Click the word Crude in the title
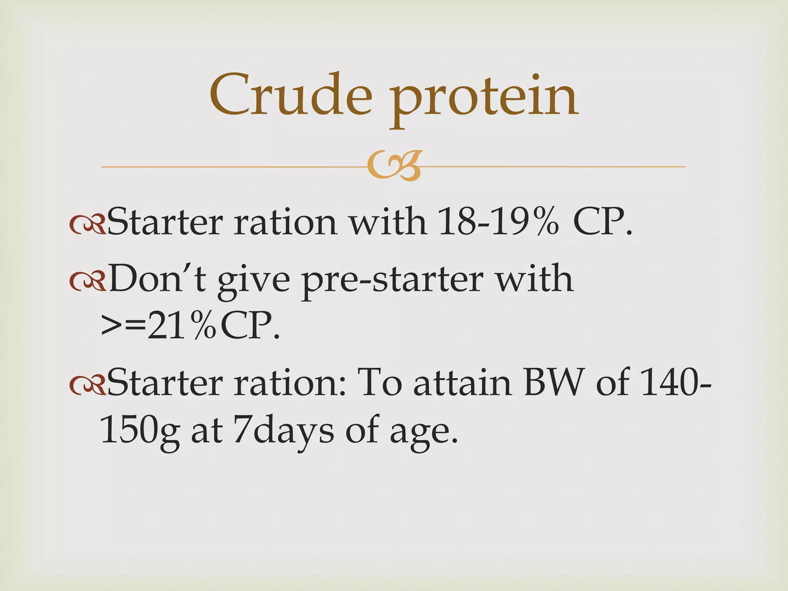tap(290, 95)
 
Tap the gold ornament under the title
tap(394, 167)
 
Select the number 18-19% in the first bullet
tap(498, 222)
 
